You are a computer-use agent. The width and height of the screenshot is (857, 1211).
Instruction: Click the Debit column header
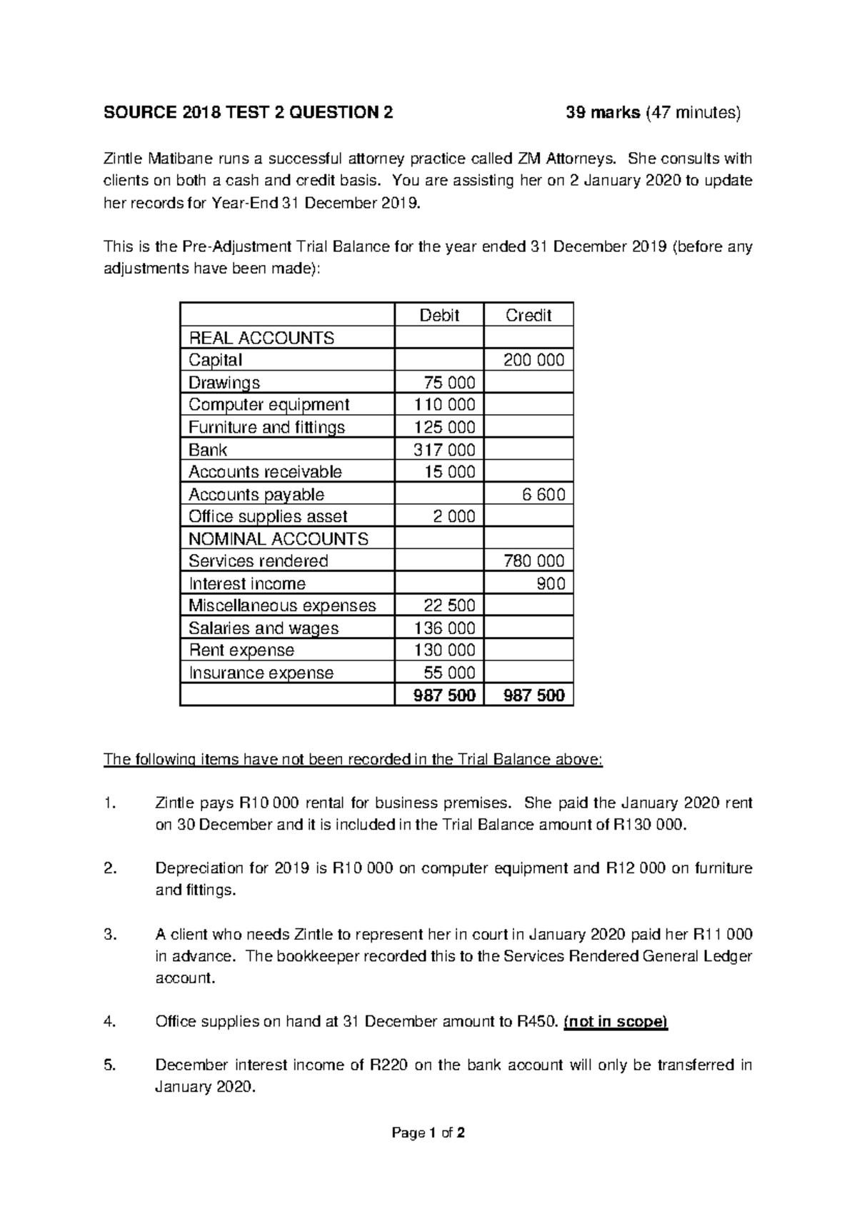[438, 316]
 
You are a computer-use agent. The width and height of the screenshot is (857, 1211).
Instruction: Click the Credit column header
[528, 316]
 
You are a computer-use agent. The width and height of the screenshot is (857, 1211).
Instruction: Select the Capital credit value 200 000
[533, 360]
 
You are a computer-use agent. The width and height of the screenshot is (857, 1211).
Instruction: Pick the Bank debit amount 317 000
[444, 450]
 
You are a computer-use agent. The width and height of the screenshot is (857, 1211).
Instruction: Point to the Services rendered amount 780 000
[533, 561]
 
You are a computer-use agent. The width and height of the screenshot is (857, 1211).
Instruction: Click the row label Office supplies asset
[268, 516]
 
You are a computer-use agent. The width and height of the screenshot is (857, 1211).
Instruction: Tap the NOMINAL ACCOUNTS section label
[278, 539]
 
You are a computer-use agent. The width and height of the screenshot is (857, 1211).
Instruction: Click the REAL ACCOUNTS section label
[261, 338]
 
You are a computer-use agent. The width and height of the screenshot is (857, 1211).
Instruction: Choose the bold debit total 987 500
[444, 695]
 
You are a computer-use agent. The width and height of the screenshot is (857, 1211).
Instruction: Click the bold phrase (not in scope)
[615, 1022]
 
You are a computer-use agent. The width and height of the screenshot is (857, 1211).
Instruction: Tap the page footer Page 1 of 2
[428, 1133]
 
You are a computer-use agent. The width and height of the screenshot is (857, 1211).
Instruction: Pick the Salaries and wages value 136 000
[444, 628]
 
